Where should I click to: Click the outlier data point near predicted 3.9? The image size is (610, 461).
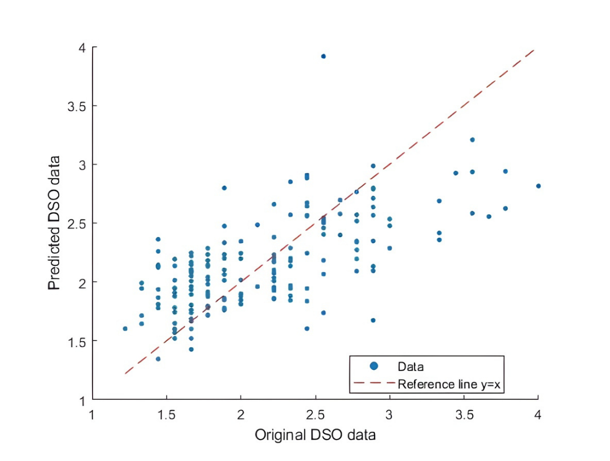pos(323,57)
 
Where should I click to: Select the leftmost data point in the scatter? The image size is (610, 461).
pos(125,329)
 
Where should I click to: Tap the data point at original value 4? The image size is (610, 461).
pos(538,186)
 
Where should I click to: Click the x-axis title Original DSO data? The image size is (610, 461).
pos(315,436)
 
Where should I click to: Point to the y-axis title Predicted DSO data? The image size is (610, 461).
pos(54,223)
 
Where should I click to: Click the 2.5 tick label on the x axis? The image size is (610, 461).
pos(315,414)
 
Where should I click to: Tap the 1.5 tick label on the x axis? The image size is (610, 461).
pos(167,414)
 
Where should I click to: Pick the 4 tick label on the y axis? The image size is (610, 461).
pos(82,48)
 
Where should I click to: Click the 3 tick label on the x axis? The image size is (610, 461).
pos(389,414)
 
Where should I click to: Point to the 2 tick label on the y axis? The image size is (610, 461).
pos(82,282)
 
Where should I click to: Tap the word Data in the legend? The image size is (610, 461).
pos(411,367)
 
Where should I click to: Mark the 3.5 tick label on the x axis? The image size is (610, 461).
pos(464,414)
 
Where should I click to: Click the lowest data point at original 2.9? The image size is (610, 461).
pos(373,320)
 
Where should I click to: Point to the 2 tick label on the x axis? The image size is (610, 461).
pos(241,414)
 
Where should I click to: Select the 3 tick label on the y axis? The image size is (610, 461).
pos(82,165)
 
